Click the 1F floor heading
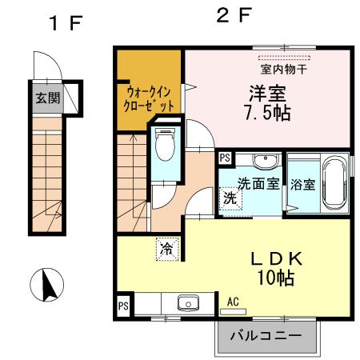65,22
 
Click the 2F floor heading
234,15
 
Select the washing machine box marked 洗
230,198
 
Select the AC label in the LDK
234,302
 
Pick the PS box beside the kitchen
123,306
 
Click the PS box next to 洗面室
225,158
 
